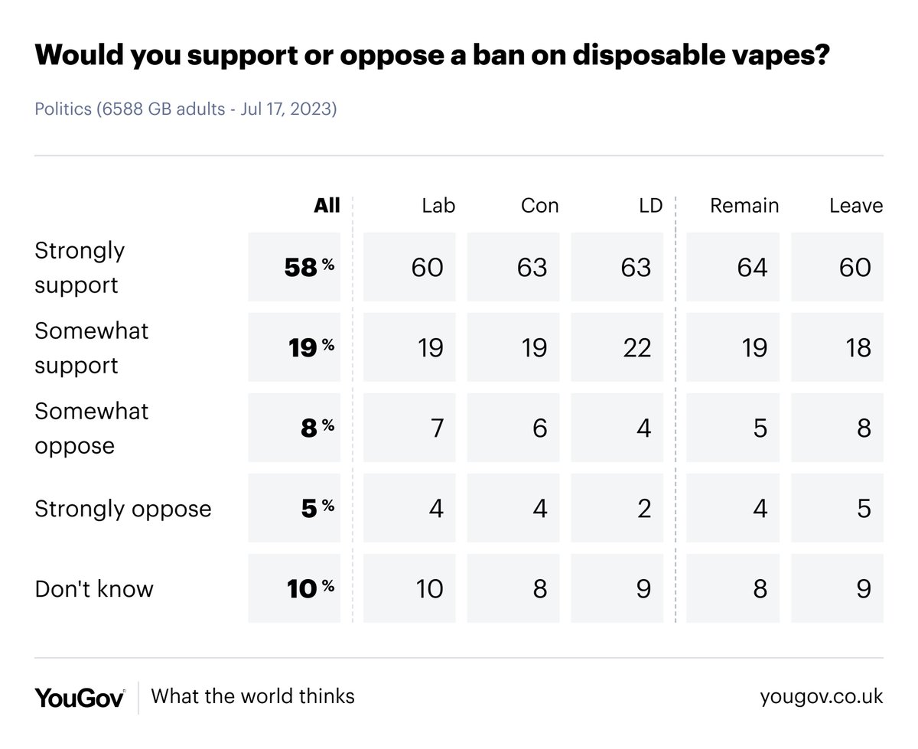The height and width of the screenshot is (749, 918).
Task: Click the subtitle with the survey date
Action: point(186,109)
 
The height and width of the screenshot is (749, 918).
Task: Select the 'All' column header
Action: point(327,205)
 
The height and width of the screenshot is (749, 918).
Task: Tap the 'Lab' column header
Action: point(438,205)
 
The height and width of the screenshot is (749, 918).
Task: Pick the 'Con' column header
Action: point(540,205)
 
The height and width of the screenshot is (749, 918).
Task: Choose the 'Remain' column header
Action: point(744,205)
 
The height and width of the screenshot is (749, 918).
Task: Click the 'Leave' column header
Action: point(856,205)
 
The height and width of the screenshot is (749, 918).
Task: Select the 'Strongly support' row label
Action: point(80,267)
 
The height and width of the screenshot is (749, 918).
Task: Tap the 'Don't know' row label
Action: point(94,588)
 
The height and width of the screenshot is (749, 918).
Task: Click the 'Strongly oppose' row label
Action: point(122,508)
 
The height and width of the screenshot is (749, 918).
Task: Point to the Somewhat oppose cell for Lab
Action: point(409,428)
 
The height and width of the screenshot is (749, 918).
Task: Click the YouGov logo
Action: point(80,697)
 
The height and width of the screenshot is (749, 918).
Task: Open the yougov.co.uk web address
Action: point(822,697)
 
